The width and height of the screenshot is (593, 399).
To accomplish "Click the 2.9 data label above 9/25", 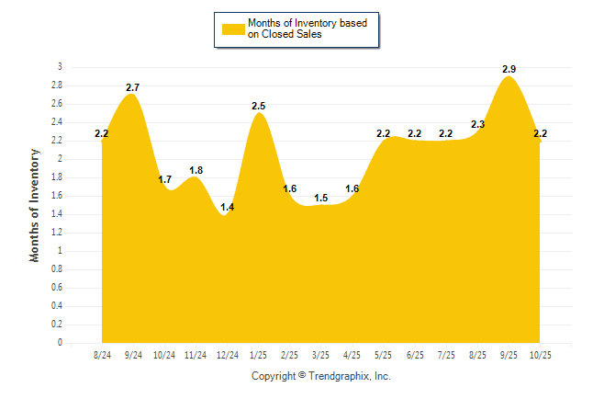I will (x=509, y=69).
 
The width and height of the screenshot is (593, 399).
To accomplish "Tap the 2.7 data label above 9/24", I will (x=132, y=87).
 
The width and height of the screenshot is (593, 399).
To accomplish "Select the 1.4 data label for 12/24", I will (x=228, y=207).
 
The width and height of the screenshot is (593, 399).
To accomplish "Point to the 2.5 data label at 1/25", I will (x=259, y=106).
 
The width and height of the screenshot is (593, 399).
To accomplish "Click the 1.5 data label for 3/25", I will (x=320, y=198).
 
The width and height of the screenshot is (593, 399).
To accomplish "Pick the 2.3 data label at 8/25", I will (x=477, y=124).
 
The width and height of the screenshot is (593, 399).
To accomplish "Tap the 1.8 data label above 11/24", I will (x=196, y=170).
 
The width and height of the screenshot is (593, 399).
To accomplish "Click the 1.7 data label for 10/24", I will (x=165, y=179).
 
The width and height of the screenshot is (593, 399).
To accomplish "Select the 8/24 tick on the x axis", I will (x=102, y=355).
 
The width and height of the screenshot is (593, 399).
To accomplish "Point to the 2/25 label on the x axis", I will (x=290, y=355).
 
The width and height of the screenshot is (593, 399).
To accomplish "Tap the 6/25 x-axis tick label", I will (x=415, y=355).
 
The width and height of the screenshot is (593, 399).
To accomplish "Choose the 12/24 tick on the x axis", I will (x=227, y=355).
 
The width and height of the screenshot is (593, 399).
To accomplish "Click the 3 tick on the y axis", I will (x=60, y=67).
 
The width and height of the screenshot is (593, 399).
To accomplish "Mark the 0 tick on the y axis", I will (x=60, y=343).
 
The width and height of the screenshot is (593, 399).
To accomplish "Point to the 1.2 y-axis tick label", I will (x=57, y=233).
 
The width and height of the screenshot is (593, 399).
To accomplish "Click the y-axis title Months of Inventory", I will (x=35, y=205).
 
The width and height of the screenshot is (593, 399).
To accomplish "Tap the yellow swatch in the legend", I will (x=233, y=29).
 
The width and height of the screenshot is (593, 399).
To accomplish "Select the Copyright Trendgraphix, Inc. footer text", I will (x=321, y=376).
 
